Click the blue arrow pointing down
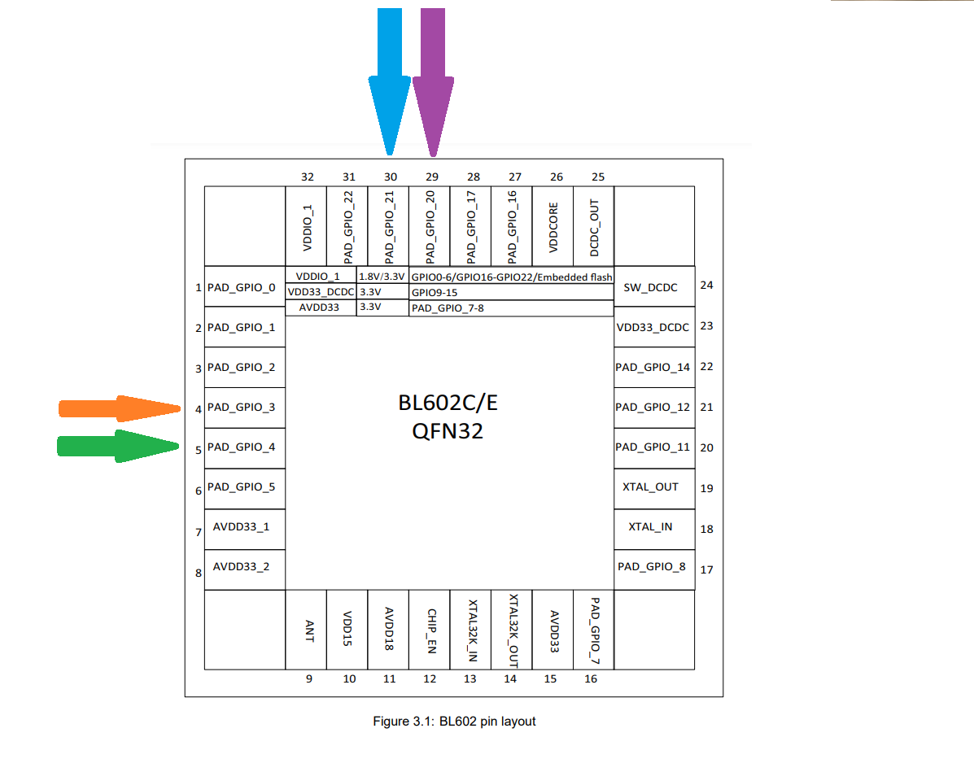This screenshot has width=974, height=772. click(390, 81)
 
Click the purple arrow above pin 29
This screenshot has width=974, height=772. click(433, 81)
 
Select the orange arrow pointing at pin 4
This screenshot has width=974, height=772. click(120, 408)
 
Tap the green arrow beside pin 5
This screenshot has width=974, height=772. click(118, 446)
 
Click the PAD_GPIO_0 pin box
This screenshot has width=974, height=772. click(245, 287)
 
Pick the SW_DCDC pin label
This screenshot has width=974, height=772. click(650, 287)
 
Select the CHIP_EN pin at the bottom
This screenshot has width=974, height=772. click(430, 630)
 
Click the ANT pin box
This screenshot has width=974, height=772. click(306, 630)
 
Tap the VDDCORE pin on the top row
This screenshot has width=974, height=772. click(553, 227)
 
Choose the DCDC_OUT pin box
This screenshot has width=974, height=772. click(594, 227)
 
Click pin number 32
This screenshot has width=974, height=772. click(308, 177)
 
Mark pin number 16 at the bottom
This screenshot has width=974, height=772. click(591, 678)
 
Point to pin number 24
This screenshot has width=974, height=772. click(707, 285)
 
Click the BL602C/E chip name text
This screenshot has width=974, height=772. click(448, 403)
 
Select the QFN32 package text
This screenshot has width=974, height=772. click(448, 431)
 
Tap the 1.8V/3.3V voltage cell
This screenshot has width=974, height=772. click(382, 277)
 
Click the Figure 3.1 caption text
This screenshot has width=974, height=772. click(454, 721)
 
